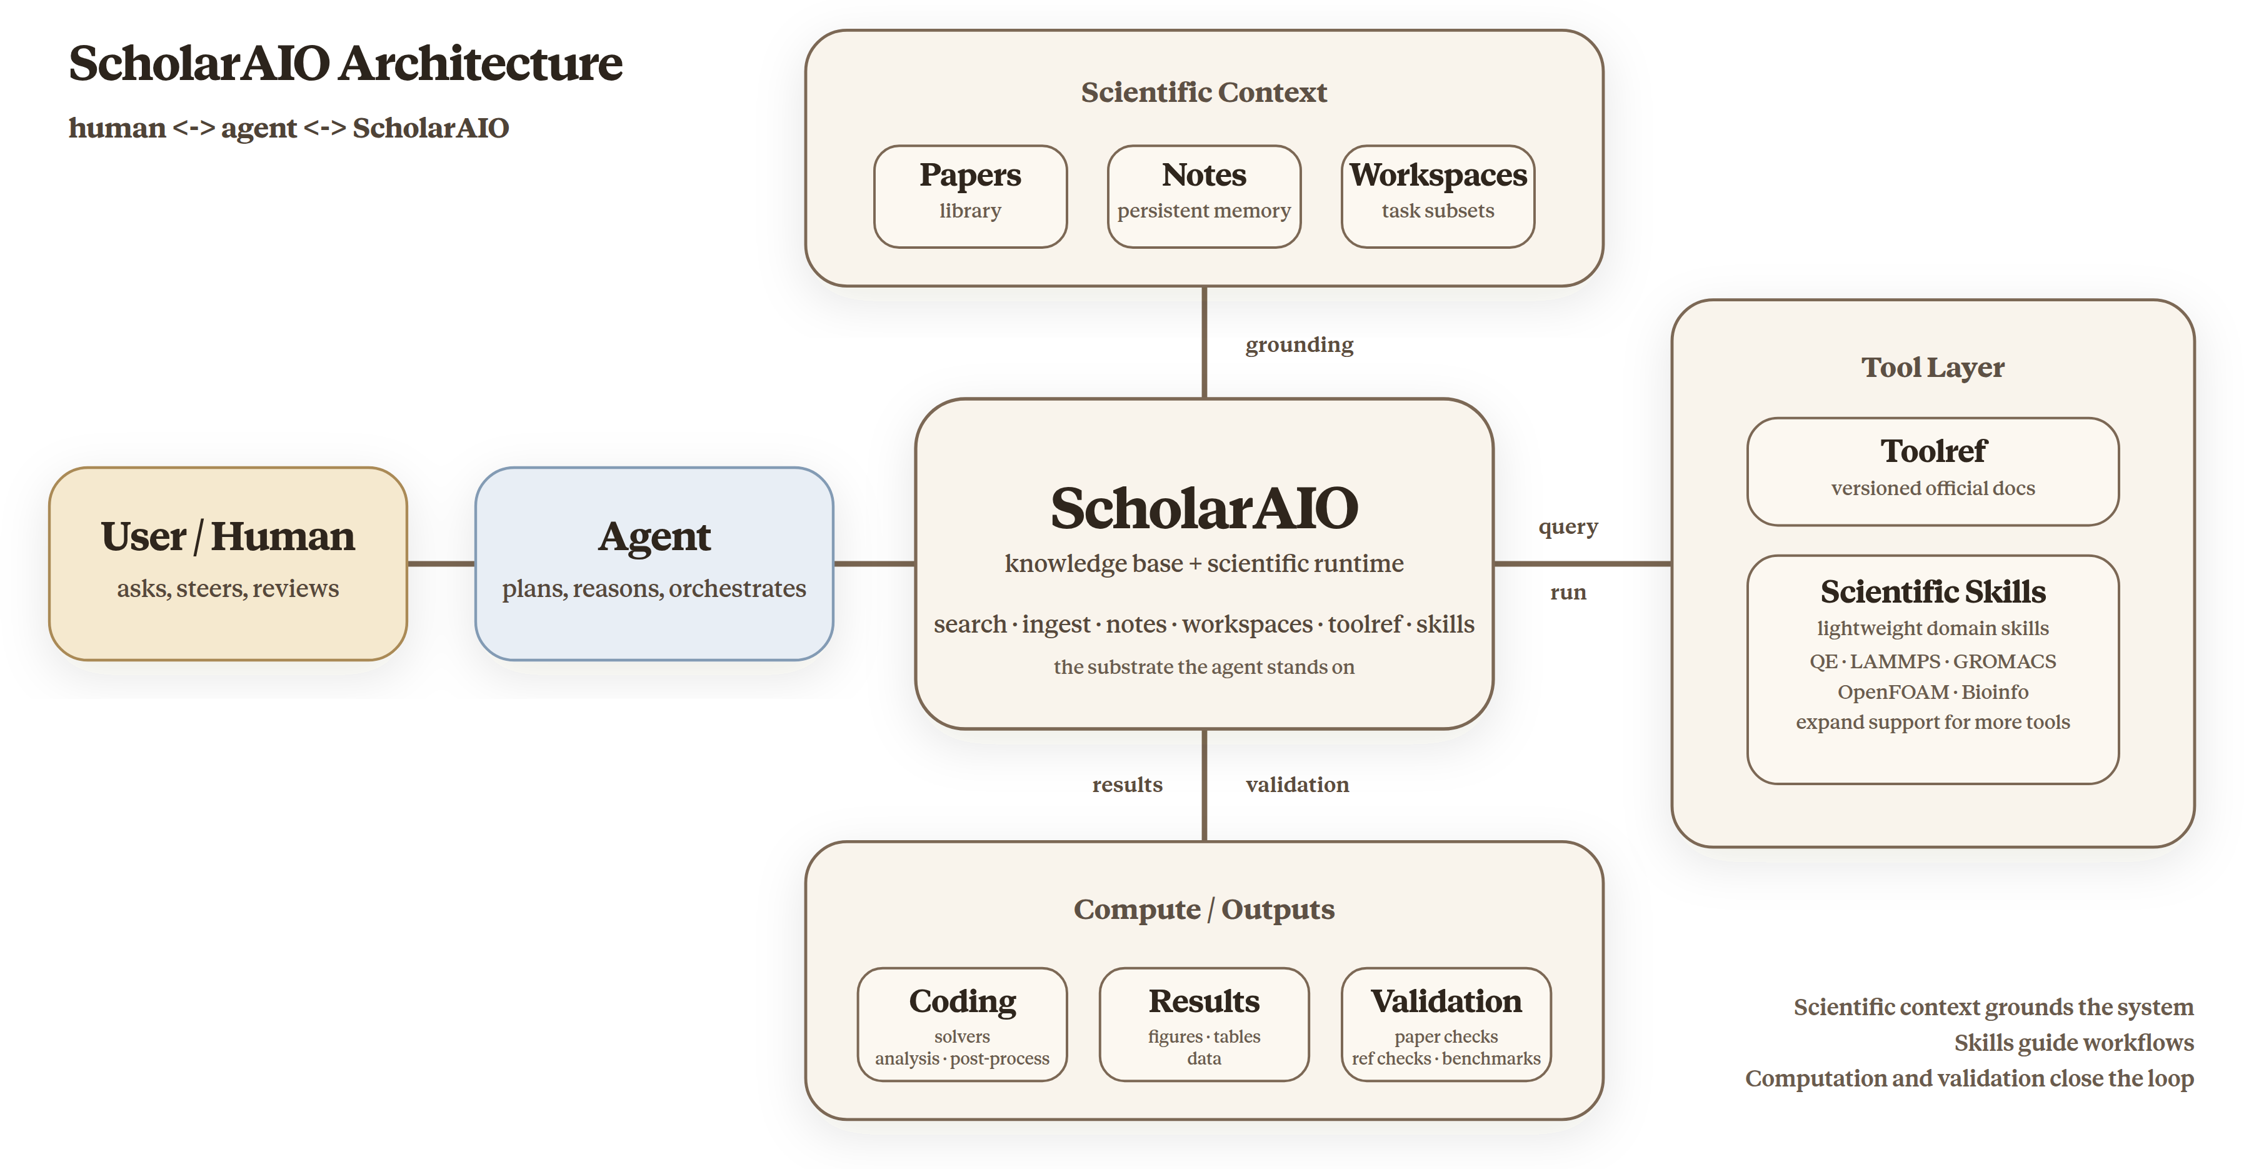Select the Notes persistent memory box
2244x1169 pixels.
click(1203, 196)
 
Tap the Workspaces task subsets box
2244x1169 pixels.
click(1437, 196)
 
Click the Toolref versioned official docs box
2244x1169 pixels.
click(1932, 471)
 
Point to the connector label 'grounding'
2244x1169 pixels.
click(1299, 345)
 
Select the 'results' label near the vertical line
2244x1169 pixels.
click(1126, 785)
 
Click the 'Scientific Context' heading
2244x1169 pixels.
click(1203, 93)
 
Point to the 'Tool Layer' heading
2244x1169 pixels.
click(1932, 368)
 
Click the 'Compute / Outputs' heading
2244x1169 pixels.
click(1203, 910)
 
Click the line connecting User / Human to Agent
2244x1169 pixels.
click(441, 564)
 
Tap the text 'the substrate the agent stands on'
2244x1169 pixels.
click(1203, 667)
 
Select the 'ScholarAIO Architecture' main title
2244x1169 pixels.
click(345, 64)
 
